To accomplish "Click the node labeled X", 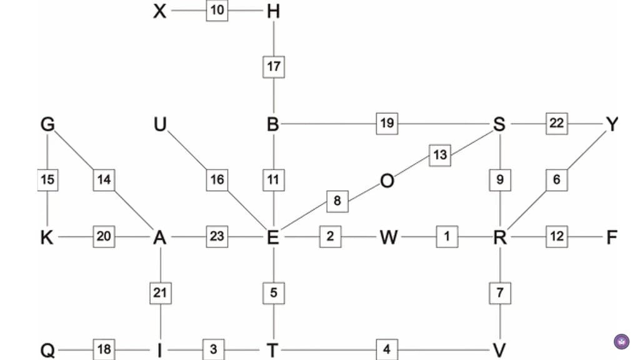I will pos(160,11).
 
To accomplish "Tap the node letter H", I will pos(273,11).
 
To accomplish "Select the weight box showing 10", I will pos(217,11).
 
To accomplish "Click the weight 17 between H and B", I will pos(273,66).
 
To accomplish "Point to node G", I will pos(47,124).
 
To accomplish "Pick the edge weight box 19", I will pos(387,123).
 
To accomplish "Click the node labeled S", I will pos(499,124).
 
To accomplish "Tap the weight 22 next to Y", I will pos(556,123).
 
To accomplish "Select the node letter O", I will pos(387,181).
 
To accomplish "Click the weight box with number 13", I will pos(440,154).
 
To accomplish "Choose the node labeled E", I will pos(273,237).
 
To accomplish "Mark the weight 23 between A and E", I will pos(217,237).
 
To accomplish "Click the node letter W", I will pos(387,237).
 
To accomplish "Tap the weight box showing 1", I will pos(447,237).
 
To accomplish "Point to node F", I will pos(612,237).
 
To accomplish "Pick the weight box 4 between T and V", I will pos(387,349).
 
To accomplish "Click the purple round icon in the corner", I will pos(621,341).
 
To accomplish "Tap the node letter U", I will pos(161,124).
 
